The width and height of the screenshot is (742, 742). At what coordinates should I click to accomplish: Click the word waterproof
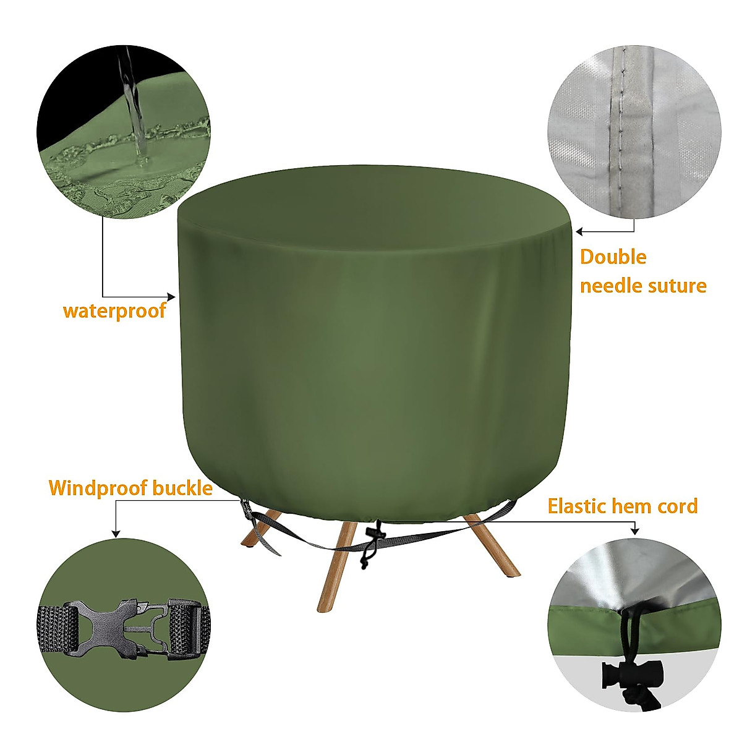point(114,310)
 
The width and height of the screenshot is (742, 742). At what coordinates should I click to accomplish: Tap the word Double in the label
point(613,257)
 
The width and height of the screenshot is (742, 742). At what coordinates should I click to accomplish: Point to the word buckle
point(182,488)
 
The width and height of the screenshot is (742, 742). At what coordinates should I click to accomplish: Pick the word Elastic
point(576,506)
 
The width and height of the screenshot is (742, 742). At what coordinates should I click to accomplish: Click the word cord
point(676,506)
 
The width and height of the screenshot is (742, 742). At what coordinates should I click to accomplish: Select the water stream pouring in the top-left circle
point(133,105)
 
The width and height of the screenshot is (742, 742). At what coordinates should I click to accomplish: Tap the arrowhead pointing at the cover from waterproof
point(173,296)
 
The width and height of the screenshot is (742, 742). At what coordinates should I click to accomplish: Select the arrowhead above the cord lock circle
point(634,531)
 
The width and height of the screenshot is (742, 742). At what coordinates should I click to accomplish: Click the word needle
point(608,286)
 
